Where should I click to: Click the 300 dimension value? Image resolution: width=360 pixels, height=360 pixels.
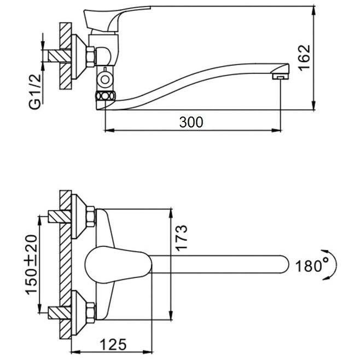[x=191, y=122]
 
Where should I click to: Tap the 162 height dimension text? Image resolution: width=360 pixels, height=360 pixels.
[x=305, y=58]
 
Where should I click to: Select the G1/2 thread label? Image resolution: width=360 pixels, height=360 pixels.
[x=35, y=92]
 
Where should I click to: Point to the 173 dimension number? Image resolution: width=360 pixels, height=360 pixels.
[x=181, y=237]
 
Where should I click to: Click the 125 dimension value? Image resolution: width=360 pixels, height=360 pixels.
[x=113, y=344]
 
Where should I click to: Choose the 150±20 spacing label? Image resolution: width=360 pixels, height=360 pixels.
[x=31, y=265]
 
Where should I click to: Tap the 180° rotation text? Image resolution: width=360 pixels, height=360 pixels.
[x=312, y=266]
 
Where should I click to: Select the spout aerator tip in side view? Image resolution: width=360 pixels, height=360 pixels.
[x=281, y=76]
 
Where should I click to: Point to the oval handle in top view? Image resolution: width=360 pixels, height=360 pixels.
[x=118, y=265]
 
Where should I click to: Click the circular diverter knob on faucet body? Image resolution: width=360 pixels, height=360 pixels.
[x=105, y=80]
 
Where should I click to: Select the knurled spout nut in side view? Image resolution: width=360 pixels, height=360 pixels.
[x=106, y=96]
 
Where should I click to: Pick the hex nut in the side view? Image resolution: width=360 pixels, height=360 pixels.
[x=90, y=57]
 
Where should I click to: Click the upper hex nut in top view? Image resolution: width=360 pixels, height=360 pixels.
[x=90, y=217]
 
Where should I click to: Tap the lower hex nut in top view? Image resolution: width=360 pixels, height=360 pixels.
[x=90, y=313]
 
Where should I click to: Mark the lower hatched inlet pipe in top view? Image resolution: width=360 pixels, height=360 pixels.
[x=60, y=313]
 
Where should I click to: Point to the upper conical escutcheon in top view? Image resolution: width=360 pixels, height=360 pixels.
[x=79, y=217]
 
